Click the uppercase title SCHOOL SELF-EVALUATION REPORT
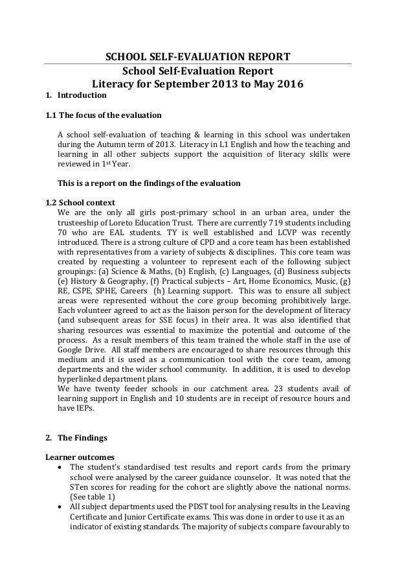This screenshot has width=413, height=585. pyautogui.click(x=197, y=57)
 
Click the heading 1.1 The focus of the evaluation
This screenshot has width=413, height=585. pyautogui.click(x=102, y=116)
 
